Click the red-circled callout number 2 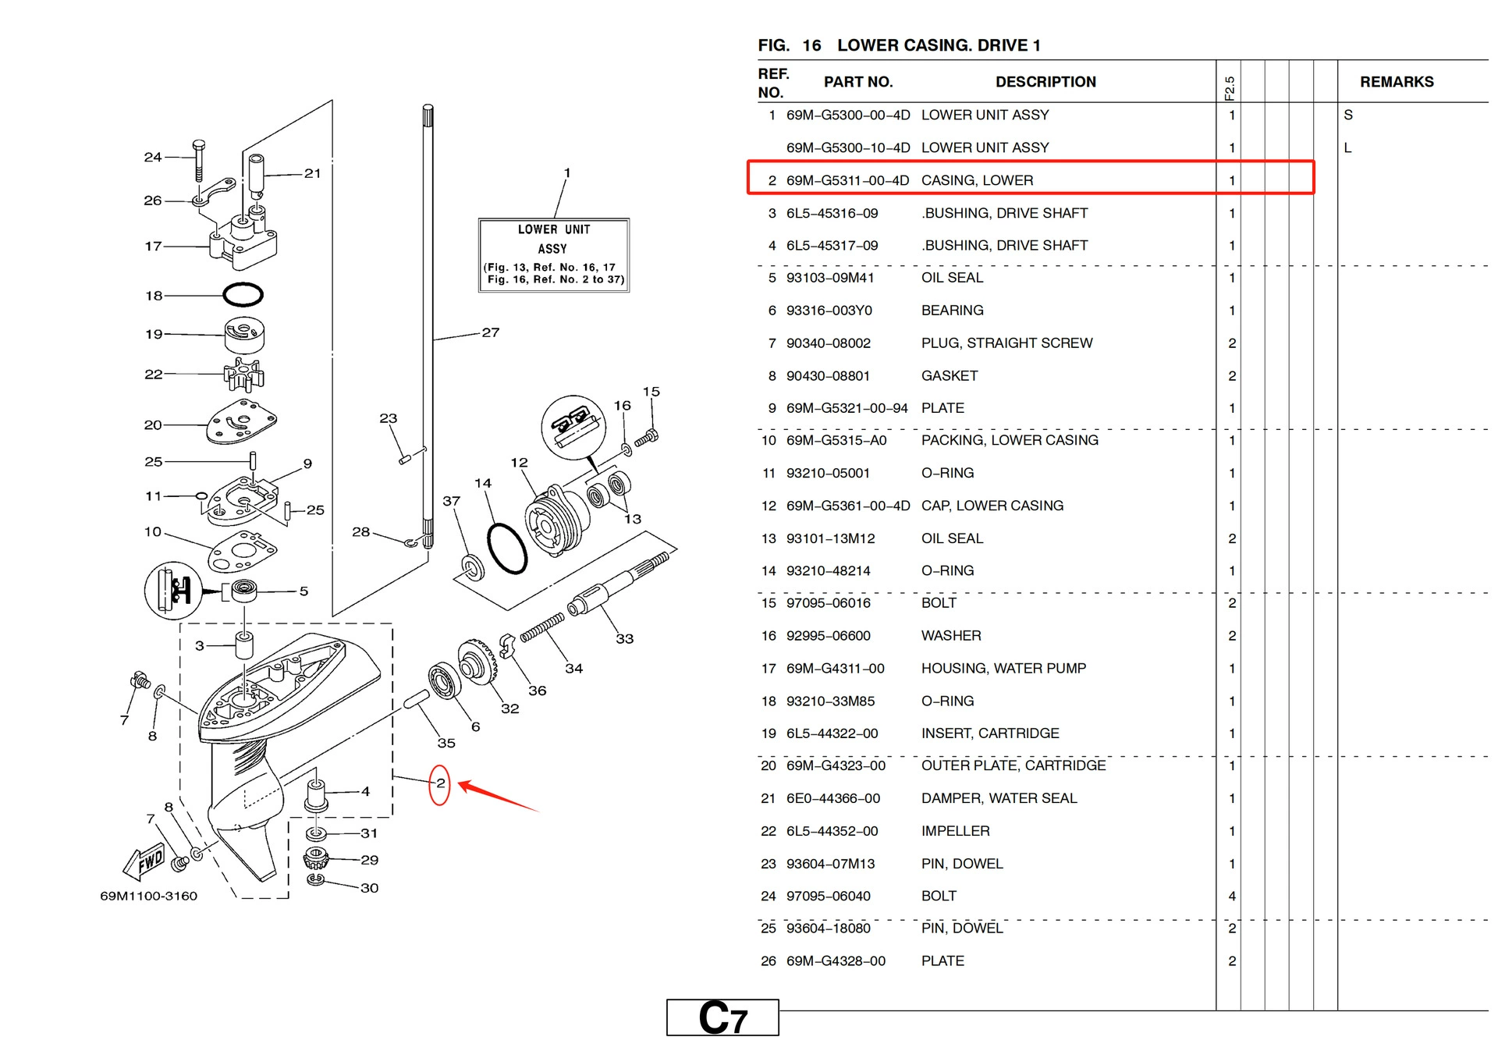tap(440, 783)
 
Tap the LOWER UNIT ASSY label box tap(553, 255)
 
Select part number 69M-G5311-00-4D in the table tap(847, 180)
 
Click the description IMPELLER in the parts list tap(955, 831)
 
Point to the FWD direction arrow tap(146, 861)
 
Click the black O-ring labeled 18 tap(243, 295)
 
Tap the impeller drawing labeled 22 tap(243, 375)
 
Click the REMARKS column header tap(1396, 82)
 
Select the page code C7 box tap(722, 1018)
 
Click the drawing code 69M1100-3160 tap(148, 896)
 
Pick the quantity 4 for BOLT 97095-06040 tap(1231, 896)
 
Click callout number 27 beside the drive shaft tap(490, 332)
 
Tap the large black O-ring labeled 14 tap(507, 549)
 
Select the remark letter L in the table tap(1347, 147)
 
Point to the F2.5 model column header tap(1229, 87)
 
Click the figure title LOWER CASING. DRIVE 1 tap(938, 45)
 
